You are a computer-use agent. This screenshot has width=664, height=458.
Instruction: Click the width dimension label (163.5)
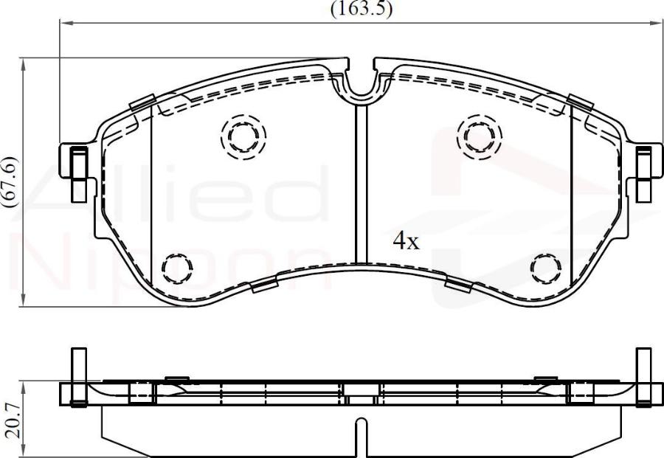click(x=361, y=8)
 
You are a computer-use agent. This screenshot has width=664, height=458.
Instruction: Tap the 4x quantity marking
click(x=406, y=240)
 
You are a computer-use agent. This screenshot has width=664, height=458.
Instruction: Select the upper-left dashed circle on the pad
click(x=243, y=136)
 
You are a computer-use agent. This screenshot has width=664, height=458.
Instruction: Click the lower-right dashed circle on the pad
click(x=547, y=267)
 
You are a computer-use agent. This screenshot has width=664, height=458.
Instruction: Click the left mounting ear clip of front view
click(x=77, y=174)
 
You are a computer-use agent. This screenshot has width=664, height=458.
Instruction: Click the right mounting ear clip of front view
click(x=644, y=174)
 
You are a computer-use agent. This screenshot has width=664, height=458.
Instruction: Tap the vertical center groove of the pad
click(x=361, y=184)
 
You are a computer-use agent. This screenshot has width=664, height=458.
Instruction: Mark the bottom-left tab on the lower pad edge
click(x=263, y=285)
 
